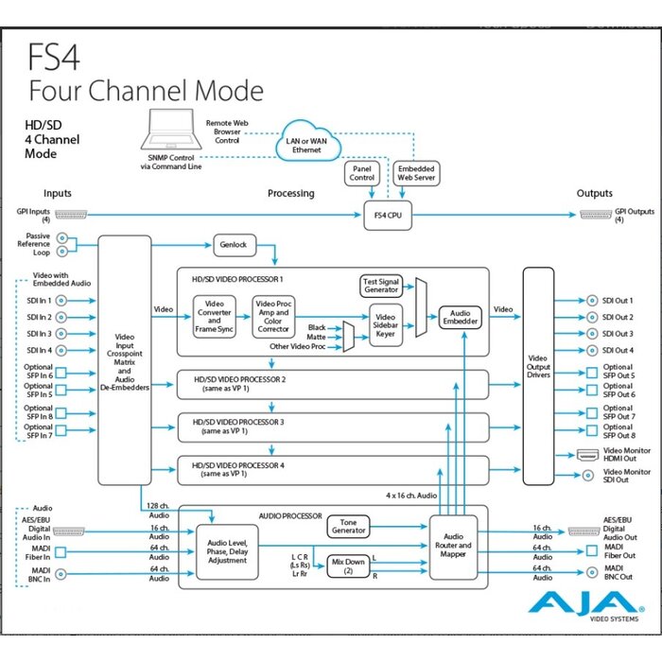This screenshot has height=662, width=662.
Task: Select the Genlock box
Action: (x=235, y=244)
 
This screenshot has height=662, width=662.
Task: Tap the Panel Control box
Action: (x=362, y=172)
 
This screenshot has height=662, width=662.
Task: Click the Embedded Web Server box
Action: (x=415, y=172)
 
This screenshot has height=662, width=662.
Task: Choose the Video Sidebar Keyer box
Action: (x=385, y=326)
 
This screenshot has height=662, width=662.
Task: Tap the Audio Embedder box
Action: (x=461, y=317)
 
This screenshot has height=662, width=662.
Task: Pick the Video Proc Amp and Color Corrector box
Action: (x=273, y=316)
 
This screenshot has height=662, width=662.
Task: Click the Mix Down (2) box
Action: (x=347, y=566)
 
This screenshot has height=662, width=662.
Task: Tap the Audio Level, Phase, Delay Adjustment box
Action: (x=227, y=550)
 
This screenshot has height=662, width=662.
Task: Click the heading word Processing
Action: (x=291, y=193)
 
